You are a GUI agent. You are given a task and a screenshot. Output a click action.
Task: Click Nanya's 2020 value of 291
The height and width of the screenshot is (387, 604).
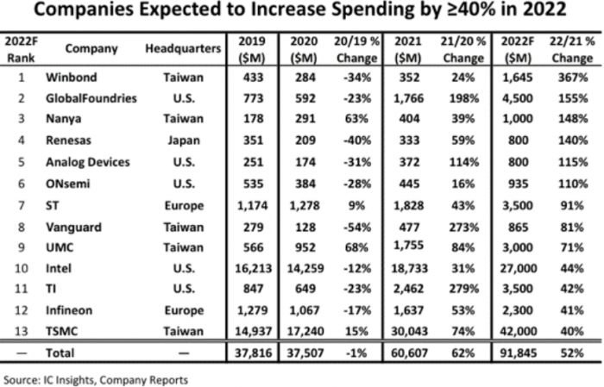coord(305,119)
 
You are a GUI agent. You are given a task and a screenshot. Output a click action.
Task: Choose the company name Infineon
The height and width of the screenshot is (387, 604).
coord(69,309)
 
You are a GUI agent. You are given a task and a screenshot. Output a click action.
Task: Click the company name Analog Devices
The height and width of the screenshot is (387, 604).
coord(88,161)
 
